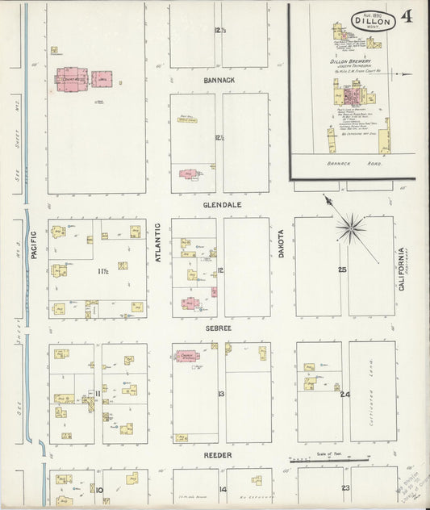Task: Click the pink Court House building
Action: point(70,78)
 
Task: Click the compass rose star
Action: point(352,227)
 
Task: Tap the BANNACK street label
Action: point(219,81)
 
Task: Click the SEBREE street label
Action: point(219,329)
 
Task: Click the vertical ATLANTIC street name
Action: point(159,243)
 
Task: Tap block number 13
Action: point(219,394)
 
